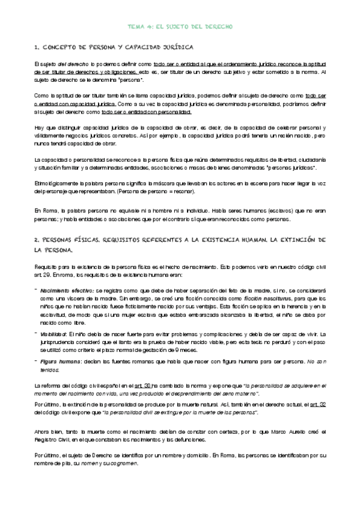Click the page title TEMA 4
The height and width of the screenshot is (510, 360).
tap(180, 27)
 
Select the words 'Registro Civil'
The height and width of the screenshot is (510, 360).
tap(49, 441)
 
